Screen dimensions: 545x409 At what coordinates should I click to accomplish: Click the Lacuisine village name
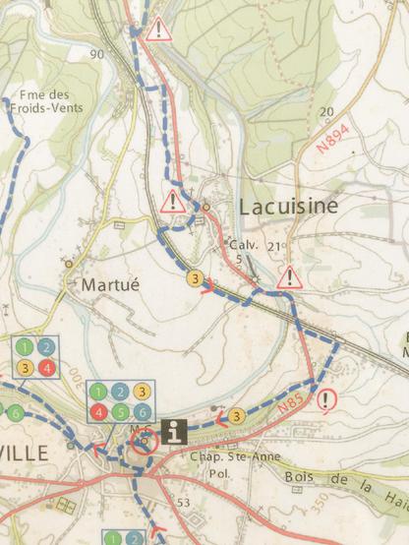(x=287, y=206)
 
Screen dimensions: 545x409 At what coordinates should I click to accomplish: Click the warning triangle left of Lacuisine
(x=173, y=203)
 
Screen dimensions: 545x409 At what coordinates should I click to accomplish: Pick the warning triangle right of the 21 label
(x=289, y=277)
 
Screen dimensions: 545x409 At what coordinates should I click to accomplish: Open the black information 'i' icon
(x=176, y=430)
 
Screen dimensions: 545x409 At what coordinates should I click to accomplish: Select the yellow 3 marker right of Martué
(x=198, y=279)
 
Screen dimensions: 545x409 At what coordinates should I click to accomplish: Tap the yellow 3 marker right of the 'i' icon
(x=236, y=416)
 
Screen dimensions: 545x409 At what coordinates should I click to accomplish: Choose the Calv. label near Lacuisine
(x=242, y=244)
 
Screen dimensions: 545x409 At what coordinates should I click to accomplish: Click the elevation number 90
(x=95, y=54)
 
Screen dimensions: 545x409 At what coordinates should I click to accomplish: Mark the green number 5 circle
(x=120, y=411)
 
